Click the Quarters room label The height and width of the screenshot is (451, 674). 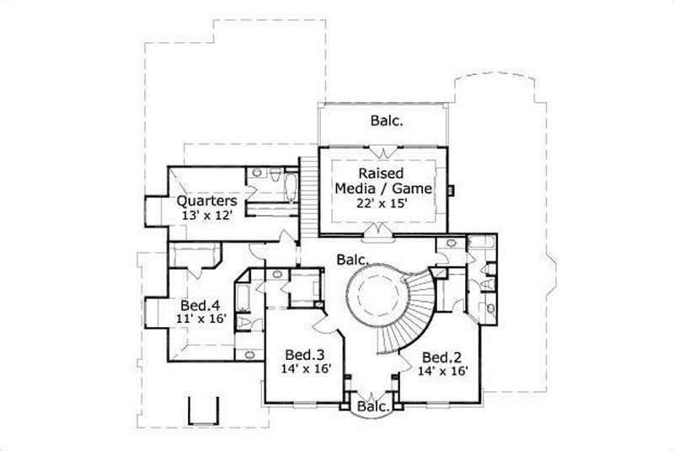click(x=206, y=201)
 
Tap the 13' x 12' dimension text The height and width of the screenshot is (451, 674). click(x=206, y=216)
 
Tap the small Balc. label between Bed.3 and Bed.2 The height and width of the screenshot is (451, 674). click(x=372, y=407)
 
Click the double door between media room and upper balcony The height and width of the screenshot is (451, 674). click(x=384, y=152)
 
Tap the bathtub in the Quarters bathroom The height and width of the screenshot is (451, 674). click(x=290, y=185)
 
